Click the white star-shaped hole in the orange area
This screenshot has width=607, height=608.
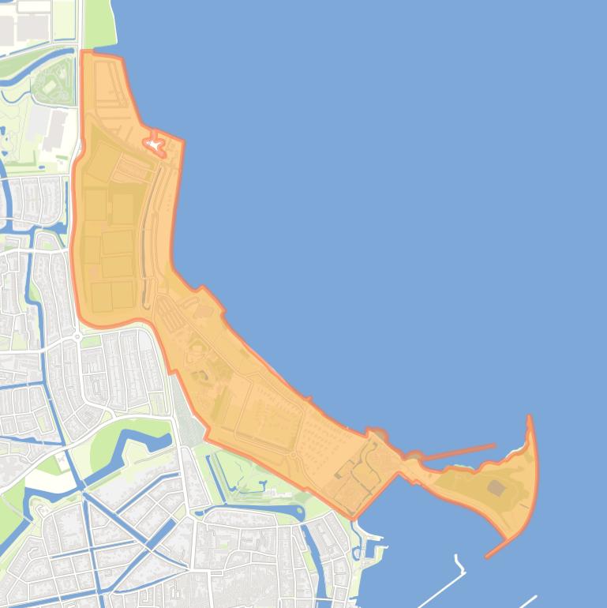(x=153, y=145)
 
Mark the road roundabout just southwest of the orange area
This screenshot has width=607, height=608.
(x=78, y=336)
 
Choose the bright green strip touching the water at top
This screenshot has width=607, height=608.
(x=99, y=24)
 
